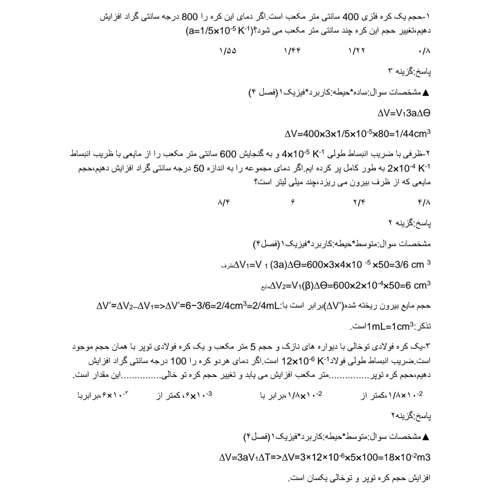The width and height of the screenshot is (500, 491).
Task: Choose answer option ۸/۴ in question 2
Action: pos(223,202)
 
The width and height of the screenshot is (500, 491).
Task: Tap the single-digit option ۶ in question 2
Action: pos(293,202)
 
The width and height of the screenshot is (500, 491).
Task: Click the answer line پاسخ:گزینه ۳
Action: pos(410,72)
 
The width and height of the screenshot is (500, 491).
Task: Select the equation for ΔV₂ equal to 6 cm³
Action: pos(346,285)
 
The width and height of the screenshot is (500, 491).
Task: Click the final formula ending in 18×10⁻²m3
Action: pos(325,457)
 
